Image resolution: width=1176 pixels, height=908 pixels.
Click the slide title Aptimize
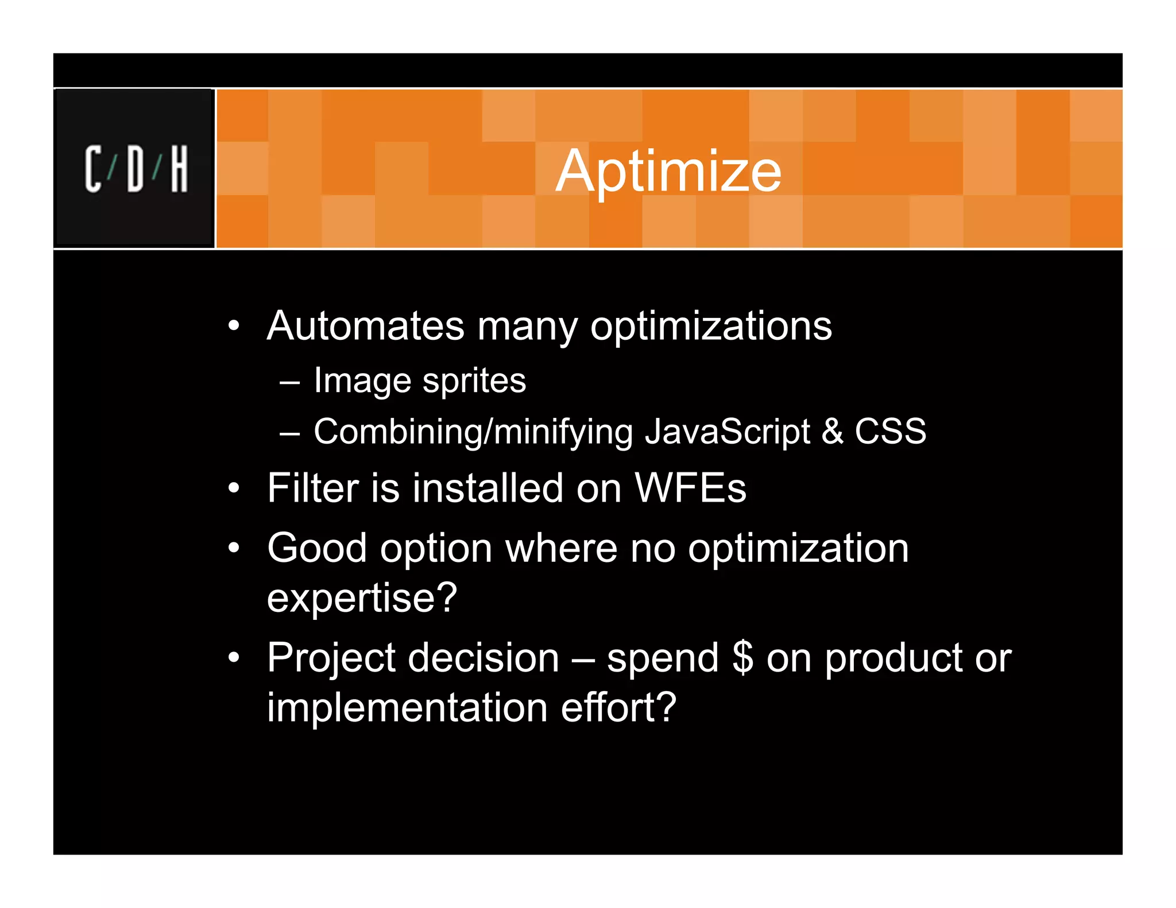pyautogui.click(x=668, y=170)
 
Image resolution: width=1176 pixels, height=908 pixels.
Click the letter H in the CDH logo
pyautogui.click(x=179, y=169)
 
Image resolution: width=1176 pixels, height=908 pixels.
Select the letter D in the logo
pyautogui.click(x=136, y=169)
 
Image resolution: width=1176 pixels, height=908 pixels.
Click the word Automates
pyautogui.click(x=365, y=326)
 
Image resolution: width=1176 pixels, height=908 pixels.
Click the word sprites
pyautogui.click(x=474, y=381)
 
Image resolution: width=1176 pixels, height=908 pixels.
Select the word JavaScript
pyautogui.click(x=727, y=432)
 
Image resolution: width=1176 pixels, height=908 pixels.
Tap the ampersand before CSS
pyautogui.click(x=832, y=432)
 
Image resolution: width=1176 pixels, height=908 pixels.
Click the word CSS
pyautogui.click(x=890, y=432)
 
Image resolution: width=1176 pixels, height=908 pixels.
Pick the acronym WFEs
pyautogui.click(x=690, y=488)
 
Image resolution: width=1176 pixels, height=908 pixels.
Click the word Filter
pyautogui.click(x=312, y=488)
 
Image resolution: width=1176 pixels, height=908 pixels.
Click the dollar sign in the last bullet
pyautogui.click(x=742, y=658)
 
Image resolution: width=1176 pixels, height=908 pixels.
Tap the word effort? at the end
pyautogui.click(x=618, y=707)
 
